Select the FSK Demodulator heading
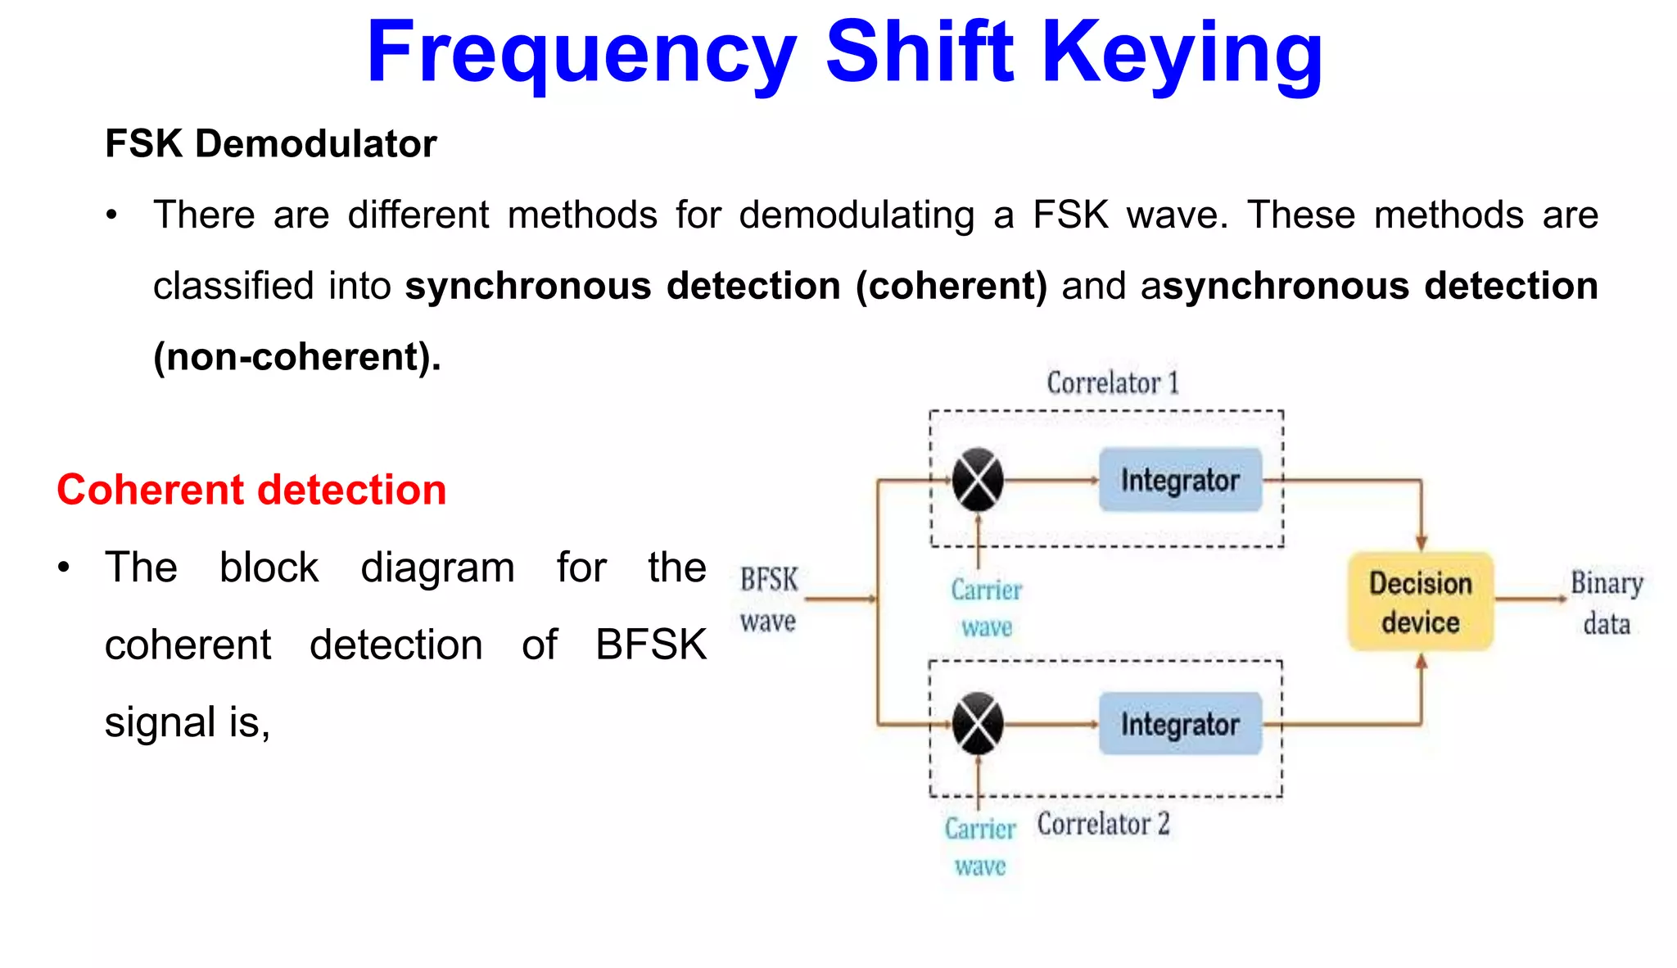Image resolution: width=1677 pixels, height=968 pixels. [x=270, y=144]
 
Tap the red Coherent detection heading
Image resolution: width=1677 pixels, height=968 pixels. [x=251, y=490]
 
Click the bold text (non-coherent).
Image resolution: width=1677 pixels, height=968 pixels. [x=297, y=357]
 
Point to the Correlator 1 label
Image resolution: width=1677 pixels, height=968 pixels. [x=1112, y=383]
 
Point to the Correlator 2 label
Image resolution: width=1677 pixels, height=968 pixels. [x=1103, y=824]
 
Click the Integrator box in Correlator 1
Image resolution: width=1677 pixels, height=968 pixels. [x=1180, y=480]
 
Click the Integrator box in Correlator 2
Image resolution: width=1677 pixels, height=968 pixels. [x=1180, y=724]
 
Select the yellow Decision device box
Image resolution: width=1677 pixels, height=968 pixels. [x=1421, y=602]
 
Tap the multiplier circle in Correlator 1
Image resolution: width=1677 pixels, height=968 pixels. [x=978, y=480]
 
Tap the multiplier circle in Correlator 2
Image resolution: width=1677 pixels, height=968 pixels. [x=978, y=724]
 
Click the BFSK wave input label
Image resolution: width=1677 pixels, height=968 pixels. [x=768, y=600]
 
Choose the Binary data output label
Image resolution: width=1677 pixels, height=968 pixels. [x=1607, y=604]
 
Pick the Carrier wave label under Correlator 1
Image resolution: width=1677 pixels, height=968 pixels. [x=987, y=608]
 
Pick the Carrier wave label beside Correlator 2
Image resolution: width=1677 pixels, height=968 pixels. [x=980, y=847]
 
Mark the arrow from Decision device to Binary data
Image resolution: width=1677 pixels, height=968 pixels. [x=1530, y=599]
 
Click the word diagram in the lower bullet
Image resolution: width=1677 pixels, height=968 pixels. [x=437, y=568]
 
